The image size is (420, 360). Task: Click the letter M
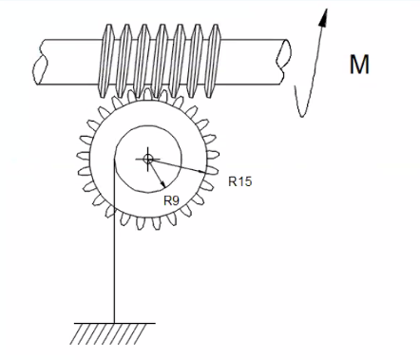pyautogui.click(x=358, y=66)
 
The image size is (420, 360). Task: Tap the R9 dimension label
pyautogui.click(x=172, y=199)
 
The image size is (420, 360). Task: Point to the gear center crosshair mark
pyautogui.click(x=147, y=159)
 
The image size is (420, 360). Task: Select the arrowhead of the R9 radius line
pyautogui.click(x=163, y=186)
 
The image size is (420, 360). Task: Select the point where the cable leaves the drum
pyautogui.click(x=114, y=161)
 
